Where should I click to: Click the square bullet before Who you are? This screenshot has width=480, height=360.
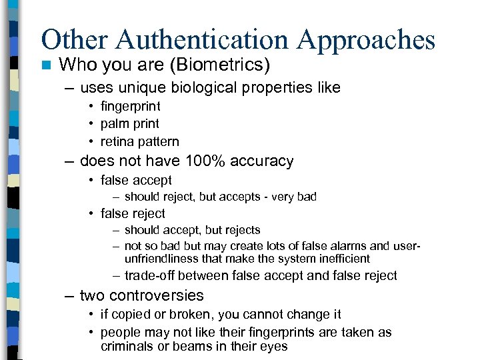(x=45, y=65)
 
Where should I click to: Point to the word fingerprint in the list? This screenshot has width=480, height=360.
(x=130, y=106)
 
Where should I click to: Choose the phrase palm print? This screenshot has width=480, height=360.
(x=129, y=123)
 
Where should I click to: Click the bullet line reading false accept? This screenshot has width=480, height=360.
(x=136, y=180)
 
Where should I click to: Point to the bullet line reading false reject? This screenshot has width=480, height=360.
(x=133, y=213)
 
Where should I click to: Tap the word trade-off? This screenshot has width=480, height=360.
(x=150, y=275)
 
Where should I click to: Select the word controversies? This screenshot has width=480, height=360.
(x=156, y=295)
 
